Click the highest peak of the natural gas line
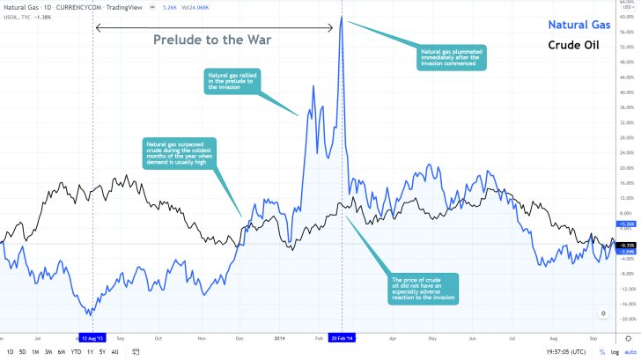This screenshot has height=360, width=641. tap(342, 17)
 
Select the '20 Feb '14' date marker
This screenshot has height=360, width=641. tap(342, 337)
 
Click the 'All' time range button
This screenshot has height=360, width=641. tap(115, 351)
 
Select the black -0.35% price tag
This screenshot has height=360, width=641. tap(626, 245)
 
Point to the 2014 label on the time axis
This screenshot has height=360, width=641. tap(279, 337)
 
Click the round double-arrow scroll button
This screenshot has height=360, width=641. tap(603, 312)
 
